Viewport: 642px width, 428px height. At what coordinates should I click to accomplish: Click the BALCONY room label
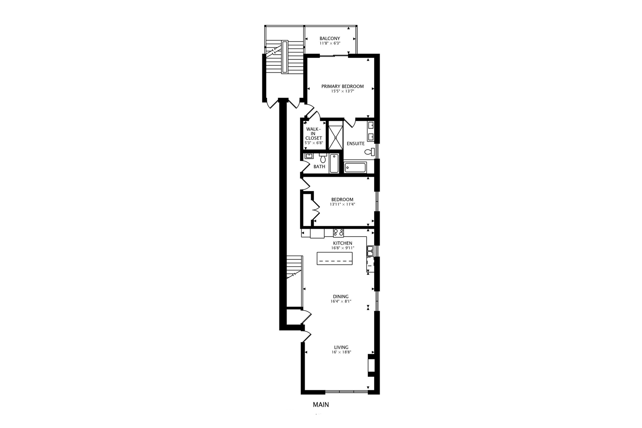pyautogui.click(x=330, y=38)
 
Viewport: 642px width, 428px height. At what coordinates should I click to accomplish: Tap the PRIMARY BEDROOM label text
pyautogui.click(x=342, y=86)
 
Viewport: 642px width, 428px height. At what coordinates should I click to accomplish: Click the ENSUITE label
pyautogui.click(x=355, y=143)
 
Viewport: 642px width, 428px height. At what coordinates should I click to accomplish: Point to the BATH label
pyautogui.click(x=319, y=167)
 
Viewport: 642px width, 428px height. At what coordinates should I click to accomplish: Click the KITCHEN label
pyautogui.click(x=342, y=243)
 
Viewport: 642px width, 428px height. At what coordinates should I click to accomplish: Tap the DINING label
pyautogui.click(x=341, y=296)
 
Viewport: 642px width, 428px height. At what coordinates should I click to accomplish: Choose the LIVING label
pyautogui.click(x=341, y=348)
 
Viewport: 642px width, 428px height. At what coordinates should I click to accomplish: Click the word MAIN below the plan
pyautogui.click(x=321, y=405)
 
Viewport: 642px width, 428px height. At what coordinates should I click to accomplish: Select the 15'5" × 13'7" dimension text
pyautogui.click(x=342, y=91)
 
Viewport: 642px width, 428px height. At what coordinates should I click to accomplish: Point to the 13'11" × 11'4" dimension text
pyautogui.click(x=342, y=204)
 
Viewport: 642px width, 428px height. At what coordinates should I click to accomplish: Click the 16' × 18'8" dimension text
pyautogui.click(x=341, y=352)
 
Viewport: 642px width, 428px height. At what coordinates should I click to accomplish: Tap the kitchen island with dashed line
pyautogui.click(x=335, y=259)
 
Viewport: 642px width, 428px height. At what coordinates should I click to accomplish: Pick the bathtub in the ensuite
pyautogui.click(x=355, y=167)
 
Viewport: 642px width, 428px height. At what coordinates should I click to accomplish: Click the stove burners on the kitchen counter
pyautogui.click(x=338, y=233)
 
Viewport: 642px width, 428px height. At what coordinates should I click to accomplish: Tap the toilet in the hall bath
pyautogui.click(x=323, y=159)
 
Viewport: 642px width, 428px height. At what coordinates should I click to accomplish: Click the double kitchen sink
pyautogui.click(x=370, y=250)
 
